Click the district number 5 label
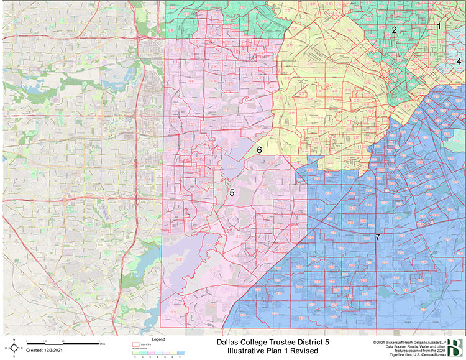pos(231,193)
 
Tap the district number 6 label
pos(260,150)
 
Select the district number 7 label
pos(377,238)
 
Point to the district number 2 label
pos(394,29)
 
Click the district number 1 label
pos(439,26)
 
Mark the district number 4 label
pos(459,61)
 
